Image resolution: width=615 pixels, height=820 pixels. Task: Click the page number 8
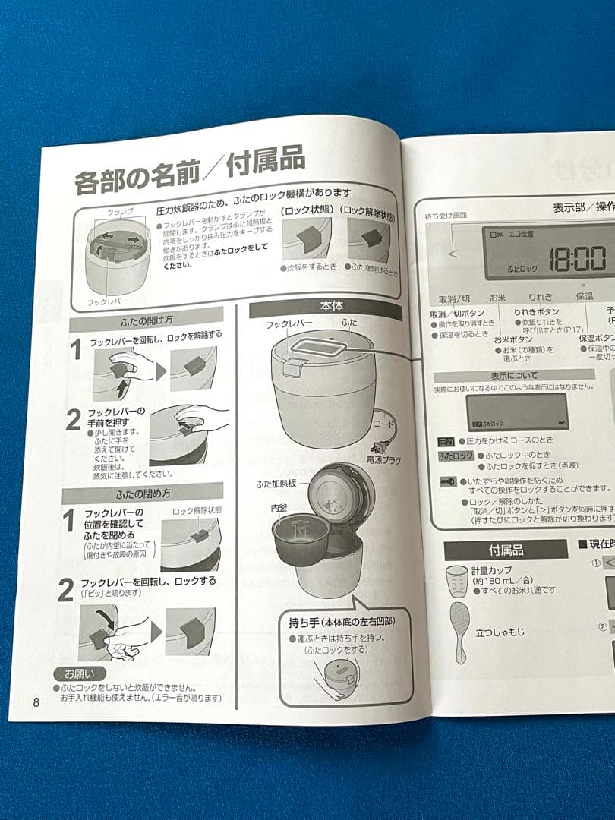tap(36, 701)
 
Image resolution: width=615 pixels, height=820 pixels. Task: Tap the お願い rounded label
tap(74, 673)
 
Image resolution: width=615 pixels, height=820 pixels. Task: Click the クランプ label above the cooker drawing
tap(119, 210)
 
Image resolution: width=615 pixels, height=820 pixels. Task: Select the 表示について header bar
tap(513, 375)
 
